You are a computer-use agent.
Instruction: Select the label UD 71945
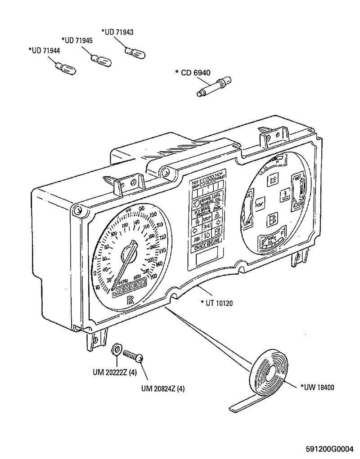click(x=78, y=40)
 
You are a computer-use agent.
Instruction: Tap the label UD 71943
click(x=117, y=32)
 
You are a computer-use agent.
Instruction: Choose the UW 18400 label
click(x=317, y=387)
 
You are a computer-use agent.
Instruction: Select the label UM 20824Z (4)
click(x=162, y=388)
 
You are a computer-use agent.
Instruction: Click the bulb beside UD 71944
click(x=65, y=69)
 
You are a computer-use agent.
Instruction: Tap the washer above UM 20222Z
click(x=116, y=349)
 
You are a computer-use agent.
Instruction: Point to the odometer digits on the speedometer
click(x=129, y=289)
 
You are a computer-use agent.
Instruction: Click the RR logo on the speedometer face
click(x=130, y=300)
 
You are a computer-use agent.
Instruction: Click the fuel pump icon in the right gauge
click(x=271, y=220)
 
